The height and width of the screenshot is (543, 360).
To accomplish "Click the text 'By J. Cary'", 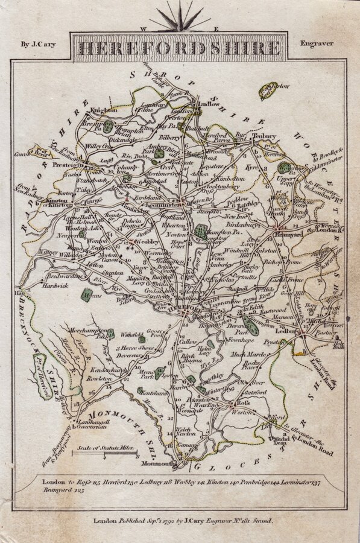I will (x=39, y=43).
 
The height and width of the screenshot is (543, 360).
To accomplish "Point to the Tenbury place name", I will (x=264, y=136).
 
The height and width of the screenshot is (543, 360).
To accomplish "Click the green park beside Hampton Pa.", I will (x=201, y=230).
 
